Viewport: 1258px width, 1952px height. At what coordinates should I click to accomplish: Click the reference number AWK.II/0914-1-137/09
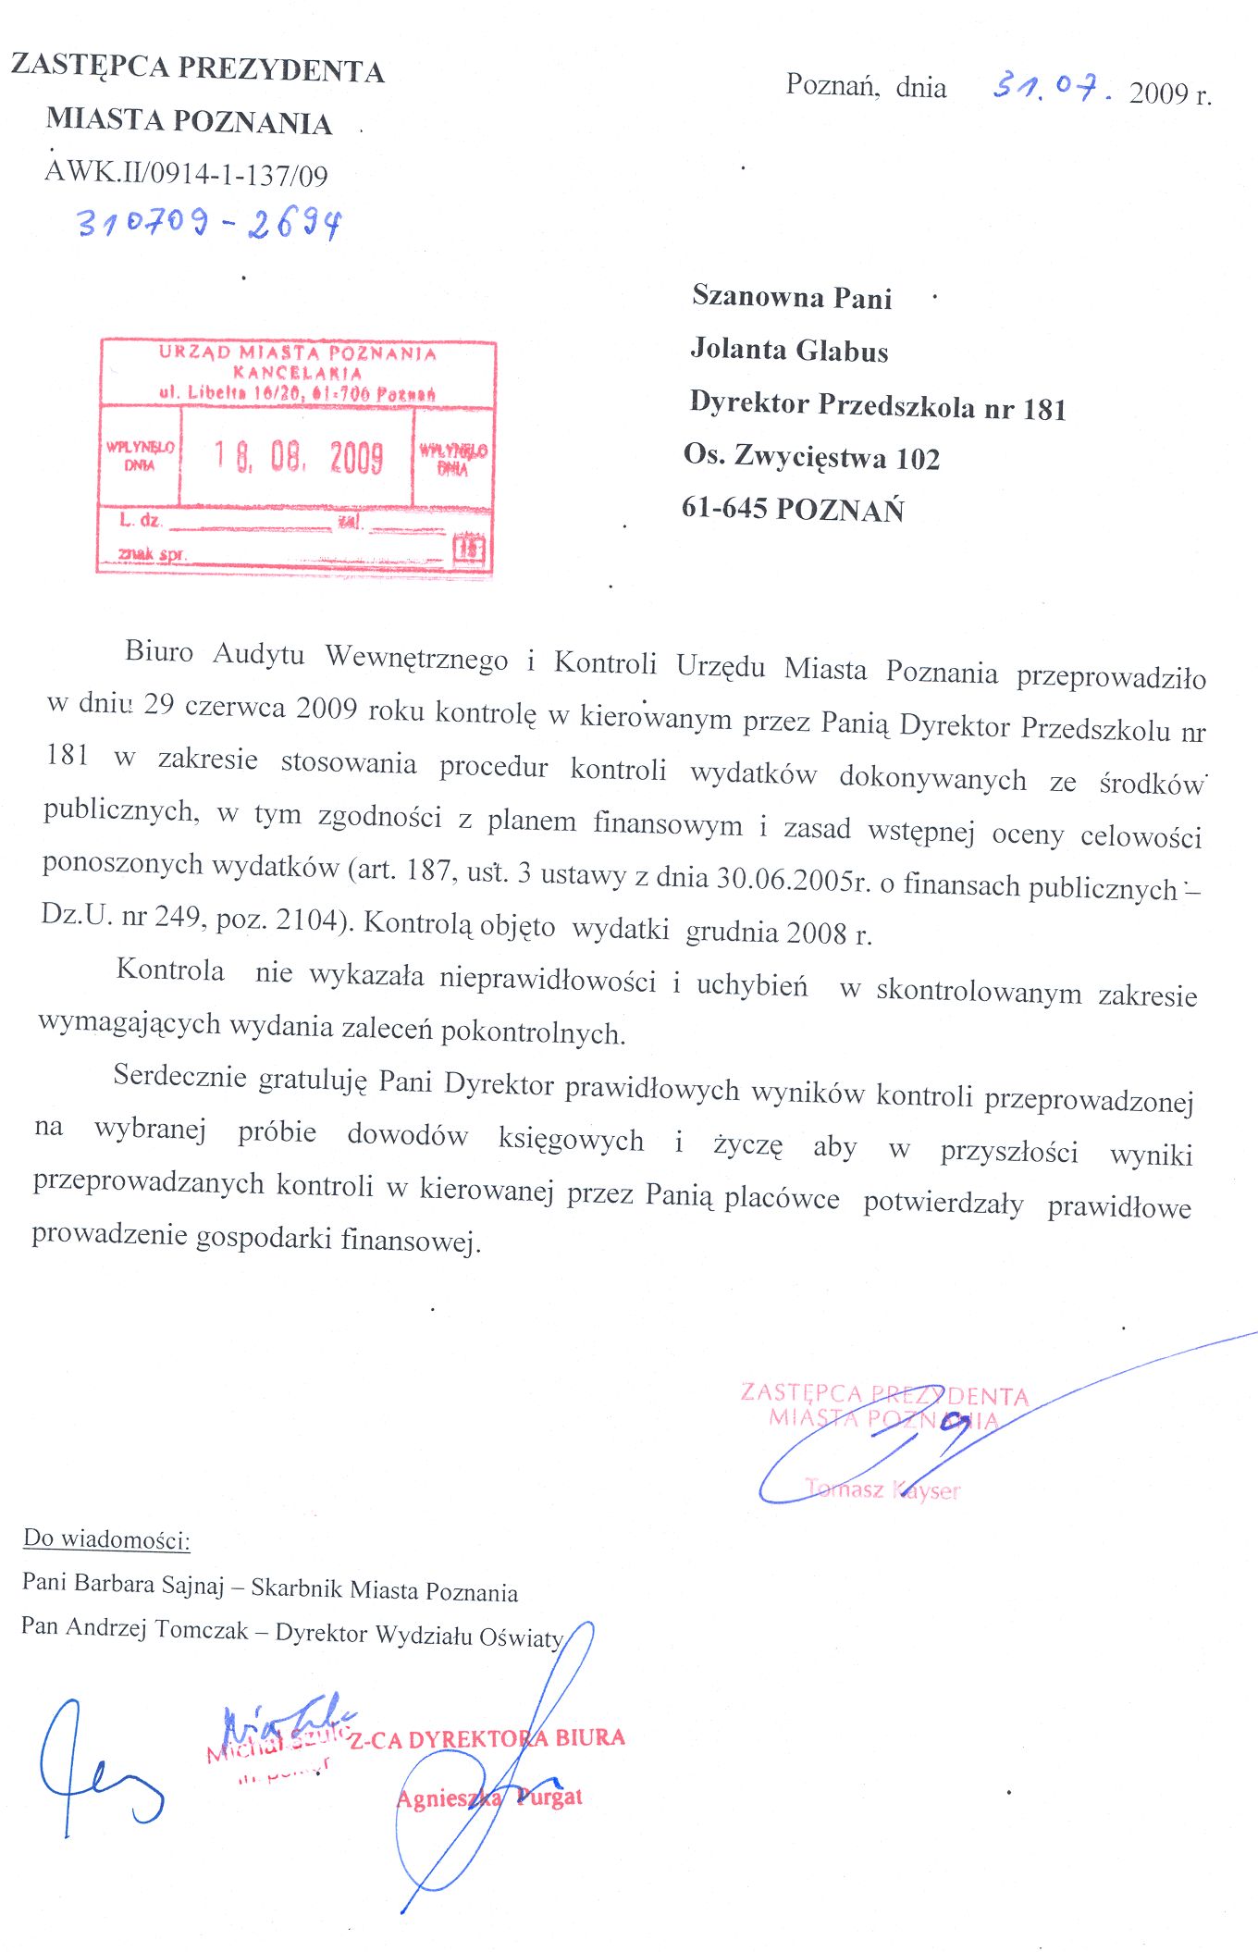pyautogui.click(x=186, y=173)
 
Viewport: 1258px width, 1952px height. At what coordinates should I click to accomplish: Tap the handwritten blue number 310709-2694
pyautogui.click(x=209, y=223)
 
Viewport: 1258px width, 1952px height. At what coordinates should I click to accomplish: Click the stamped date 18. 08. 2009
pyautogui.click(x=298, y=457)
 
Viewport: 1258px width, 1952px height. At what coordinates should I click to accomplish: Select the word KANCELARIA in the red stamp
pyautogui.click(x=297, y=373)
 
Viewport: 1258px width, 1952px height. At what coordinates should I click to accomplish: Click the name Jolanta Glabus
pyautogui.click(x=789, y=350)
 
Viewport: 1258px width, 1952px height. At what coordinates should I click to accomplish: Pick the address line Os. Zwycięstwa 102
pyautogui.click(x=811, y=456)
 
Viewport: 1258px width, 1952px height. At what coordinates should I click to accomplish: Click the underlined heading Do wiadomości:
pyautogui.click(x=106, y=1539)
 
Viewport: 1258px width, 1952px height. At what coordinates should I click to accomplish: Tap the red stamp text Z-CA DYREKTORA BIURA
pyautogui.click(x=487, y=1739)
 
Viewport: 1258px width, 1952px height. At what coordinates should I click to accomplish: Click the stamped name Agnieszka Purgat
pyautogui.click(x=489, y=1798)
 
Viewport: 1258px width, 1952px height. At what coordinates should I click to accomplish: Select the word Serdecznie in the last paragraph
pyautogui.click(x=179, y=1076)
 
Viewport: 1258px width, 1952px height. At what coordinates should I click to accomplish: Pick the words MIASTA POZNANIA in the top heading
pyautogui.click(x=189, y=120)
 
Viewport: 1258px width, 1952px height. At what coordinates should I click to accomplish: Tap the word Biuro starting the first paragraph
pyautogui.click(x=159, y=651)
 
